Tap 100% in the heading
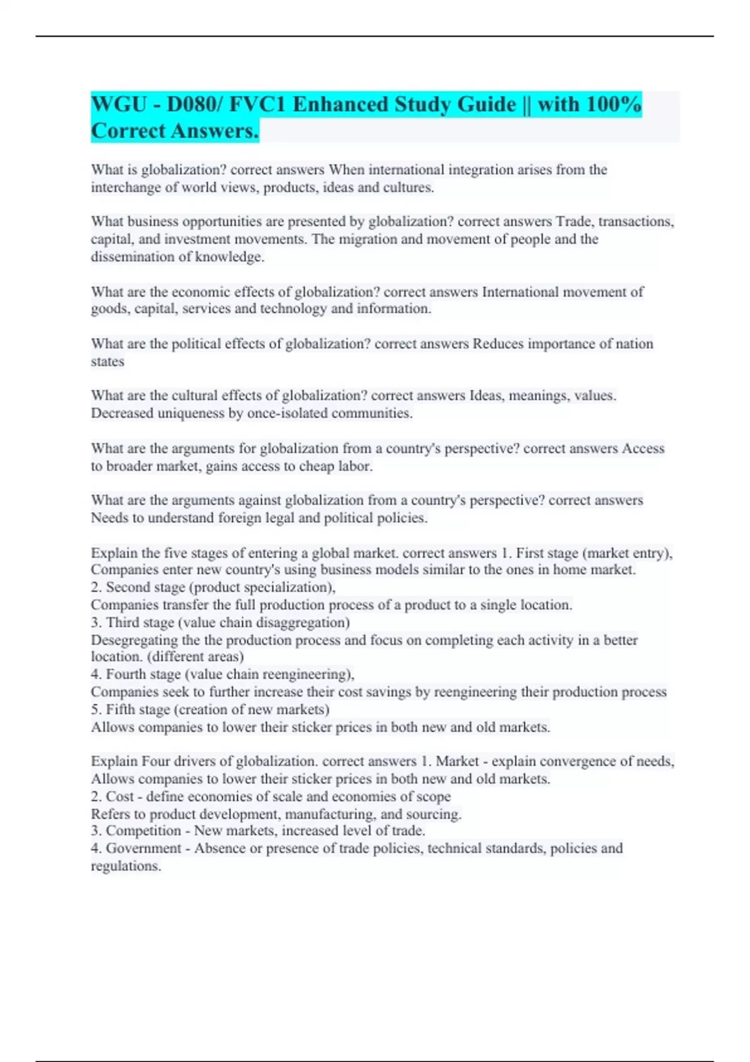614,104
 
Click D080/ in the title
194,104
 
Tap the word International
519,292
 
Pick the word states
107,362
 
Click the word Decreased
122,413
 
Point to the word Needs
109,518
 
